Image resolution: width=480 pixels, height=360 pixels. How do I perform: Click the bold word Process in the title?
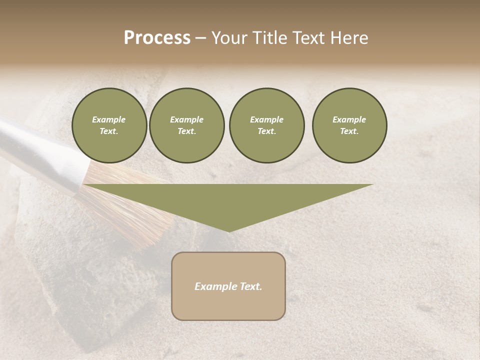coord(157,38)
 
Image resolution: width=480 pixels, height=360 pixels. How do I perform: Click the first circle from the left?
coord(109,125)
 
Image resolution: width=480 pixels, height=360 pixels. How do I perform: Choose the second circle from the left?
coord(186,125)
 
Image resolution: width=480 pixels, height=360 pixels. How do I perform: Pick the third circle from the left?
coord(266,125)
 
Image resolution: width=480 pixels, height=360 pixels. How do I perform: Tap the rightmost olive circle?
coord(349,125)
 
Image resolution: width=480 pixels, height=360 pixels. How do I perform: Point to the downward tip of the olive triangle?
coord(228,230)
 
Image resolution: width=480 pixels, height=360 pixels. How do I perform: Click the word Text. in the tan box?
coord(250,286)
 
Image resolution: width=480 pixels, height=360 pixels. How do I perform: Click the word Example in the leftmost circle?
coord(109,119)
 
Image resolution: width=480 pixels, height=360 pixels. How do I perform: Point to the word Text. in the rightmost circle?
coord(349,131)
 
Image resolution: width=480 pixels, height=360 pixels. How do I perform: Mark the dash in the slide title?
coord(200,38)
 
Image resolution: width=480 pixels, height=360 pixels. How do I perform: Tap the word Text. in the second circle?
coord(186,131)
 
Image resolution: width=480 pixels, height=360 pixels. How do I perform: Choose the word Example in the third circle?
coord(266,119)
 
